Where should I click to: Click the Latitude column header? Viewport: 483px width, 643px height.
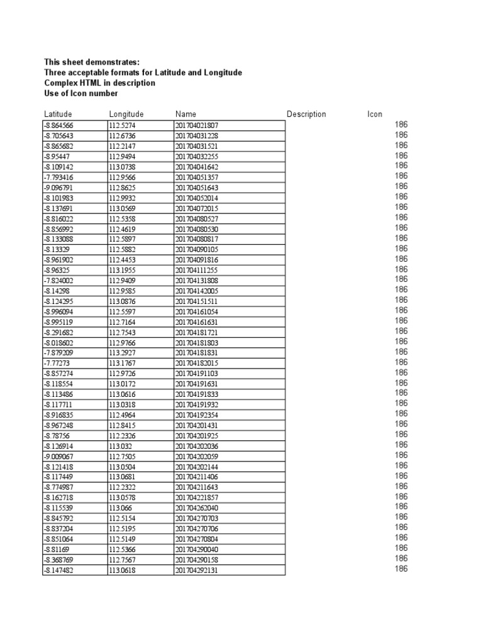tap(58, 114)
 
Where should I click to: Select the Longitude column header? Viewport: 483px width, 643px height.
tap(126, 114)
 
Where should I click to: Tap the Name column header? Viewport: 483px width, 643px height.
tap(186, 114)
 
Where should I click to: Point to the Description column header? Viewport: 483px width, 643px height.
tap(306, 114)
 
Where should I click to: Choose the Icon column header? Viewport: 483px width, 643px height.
tap(375, 114)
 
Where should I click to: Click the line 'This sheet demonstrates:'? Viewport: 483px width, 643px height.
tap(92, 62)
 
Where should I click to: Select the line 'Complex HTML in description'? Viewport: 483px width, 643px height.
tap(99, 83)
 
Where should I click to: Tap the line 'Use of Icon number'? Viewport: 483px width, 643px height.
tap(80, 94)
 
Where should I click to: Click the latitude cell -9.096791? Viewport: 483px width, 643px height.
tap(58, 187)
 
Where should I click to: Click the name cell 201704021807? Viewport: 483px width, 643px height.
tap(197, 125)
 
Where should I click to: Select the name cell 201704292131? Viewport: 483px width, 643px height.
tap(197, 571)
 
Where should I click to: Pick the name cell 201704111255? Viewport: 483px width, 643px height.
tap(197, 270)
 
